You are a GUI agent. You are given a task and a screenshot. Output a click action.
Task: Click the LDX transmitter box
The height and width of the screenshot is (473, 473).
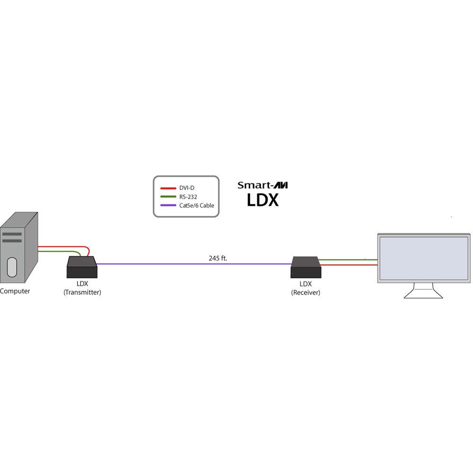(x=82, y=268)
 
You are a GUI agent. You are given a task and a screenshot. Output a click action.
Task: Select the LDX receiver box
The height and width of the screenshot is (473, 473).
(x=306, y=268)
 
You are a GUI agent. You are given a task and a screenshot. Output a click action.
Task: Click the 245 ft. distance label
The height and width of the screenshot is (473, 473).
(x=218, y=258)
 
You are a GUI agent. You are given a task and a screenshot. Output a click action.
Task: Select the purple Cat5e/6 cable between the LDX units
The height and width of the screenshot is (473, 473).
(x=194, y=264)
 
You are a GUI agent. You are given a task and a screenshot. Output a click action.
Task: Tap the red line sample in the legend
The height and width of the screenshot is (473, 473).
(x=169, y=188)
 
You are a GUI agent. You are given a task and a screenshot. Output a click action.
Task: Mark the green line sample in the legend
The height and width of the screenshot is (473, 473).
(x=169, y=197)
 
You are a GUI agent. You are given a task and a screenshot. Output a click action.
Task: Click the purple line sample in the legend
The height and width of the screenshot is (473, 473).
(x=169, y=205)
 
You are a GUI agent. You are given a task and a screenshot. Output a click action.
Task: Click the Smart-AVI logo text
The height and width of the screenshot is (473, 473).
(x=263, y=185)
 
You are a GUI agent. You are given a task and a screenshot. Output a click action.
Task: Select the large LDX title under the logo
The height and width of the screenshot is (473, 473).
(x=263, y=200)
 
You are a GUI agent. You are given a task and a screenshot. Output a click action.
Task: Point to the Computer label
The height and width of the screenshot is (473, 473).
(x=15, y=291)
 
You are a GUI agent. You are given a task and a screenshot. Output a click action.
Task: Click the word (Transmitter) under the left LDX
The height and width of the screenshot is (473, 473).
(x=82, y=292)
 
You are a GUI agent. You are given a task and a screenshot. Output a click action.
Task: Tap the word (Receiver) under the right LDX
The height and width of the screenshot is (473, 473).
(x=306, y=292)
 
